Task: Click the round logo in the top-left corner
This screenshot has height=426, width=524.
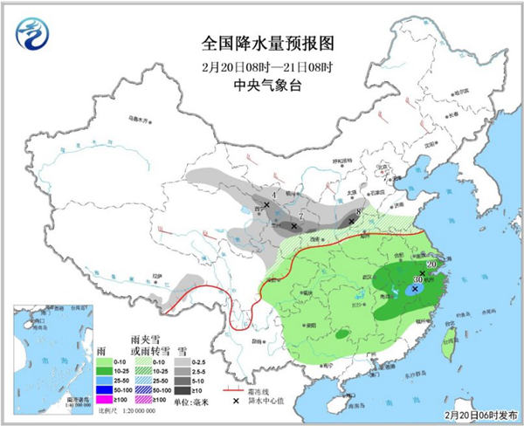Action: (33, 36)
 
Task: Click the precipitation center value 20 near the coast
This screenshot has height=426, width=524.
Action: (431, 265)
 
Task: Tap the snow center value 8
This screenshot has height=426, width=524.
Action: (359, 212)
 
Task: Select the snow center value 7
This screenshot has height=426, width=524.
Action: (300, 216)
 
